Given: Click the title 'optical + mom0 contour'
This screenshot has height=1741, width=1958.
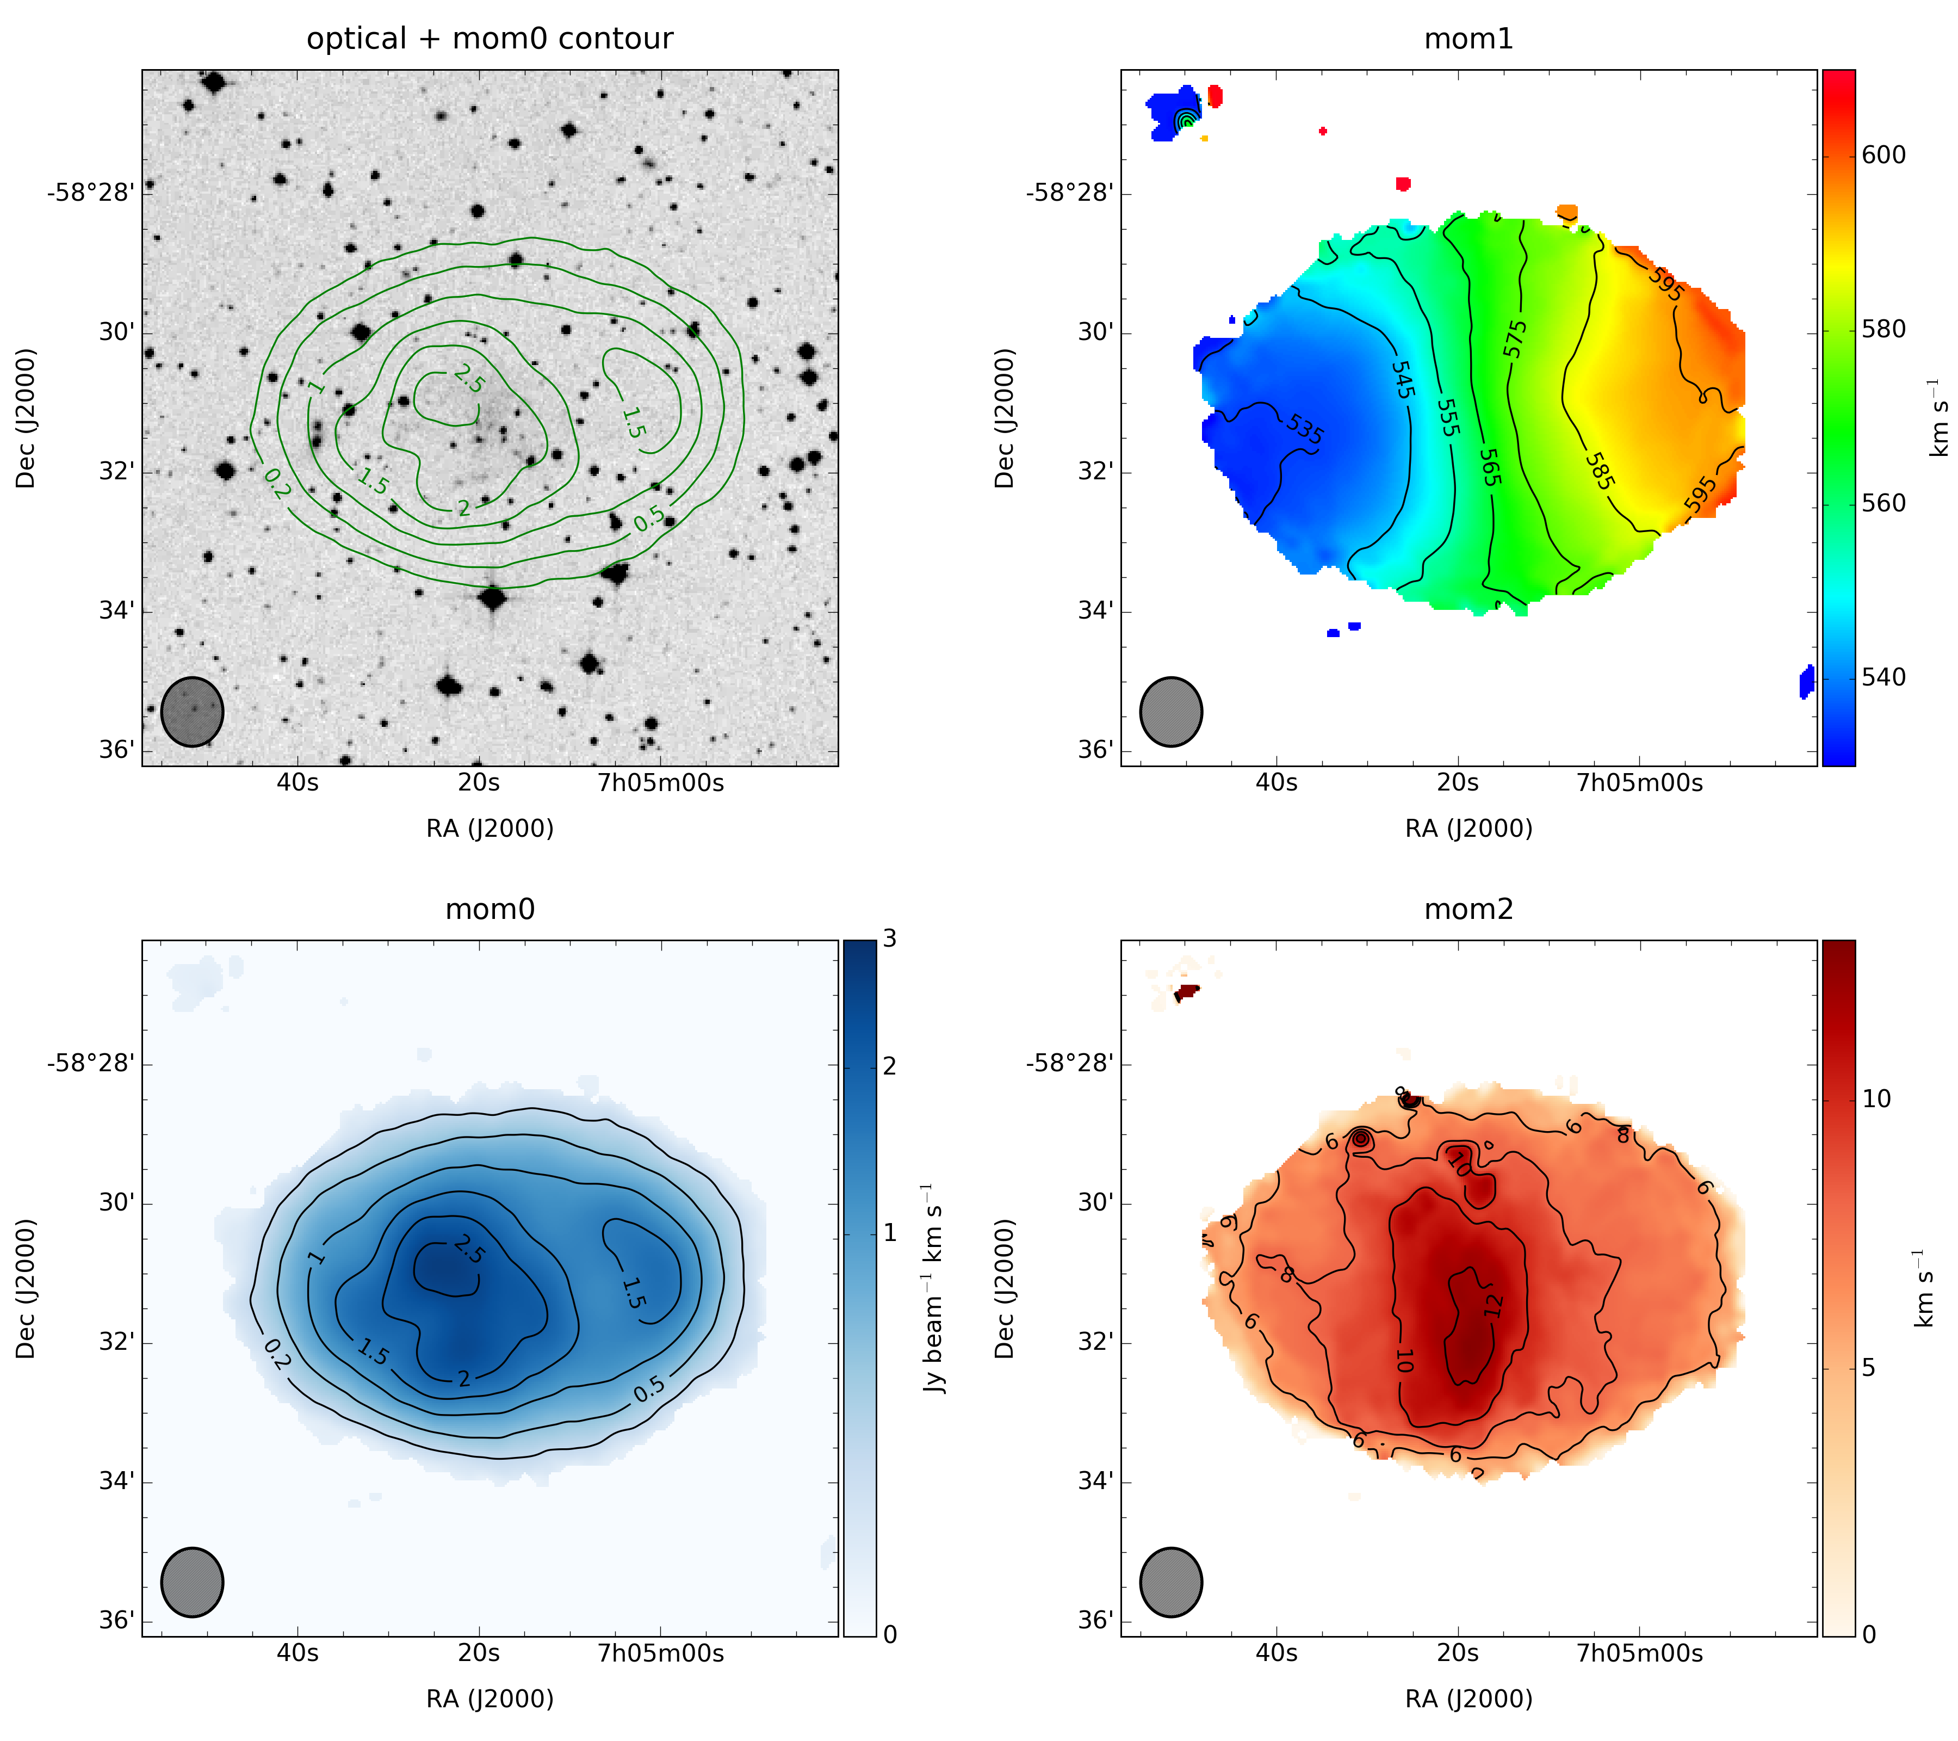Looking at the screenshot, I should (489, 39).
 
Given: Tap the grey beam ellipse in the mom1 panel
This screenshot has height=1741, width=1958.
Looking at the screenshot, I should (1170, 712).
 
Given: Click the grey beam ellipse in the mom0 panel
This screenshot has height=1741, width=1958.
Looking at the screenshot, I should (191, 1582).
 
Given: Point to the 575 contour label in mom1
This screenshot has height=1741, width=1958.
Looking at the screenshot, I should (1515, 339).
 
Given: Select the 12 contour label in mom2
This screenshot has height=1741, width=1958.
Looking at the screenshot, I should (1491, 1304).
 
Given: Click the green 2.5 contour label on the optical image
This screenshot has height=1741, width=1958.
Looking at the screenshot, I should (468, 379).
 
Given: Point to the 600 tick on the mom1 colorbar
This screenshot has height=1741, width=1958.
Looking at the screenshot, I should (1883, 155).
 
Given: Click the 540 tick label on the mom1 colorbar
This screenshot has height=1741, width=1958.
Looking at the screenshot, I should (1883, 677).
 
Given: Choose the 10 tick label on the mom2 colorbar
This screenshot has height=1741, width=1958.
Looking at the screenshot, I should (1876, 1099).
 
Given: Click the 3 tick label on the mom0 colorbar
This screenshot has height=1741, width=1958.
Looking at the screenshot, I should (890, 939).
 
